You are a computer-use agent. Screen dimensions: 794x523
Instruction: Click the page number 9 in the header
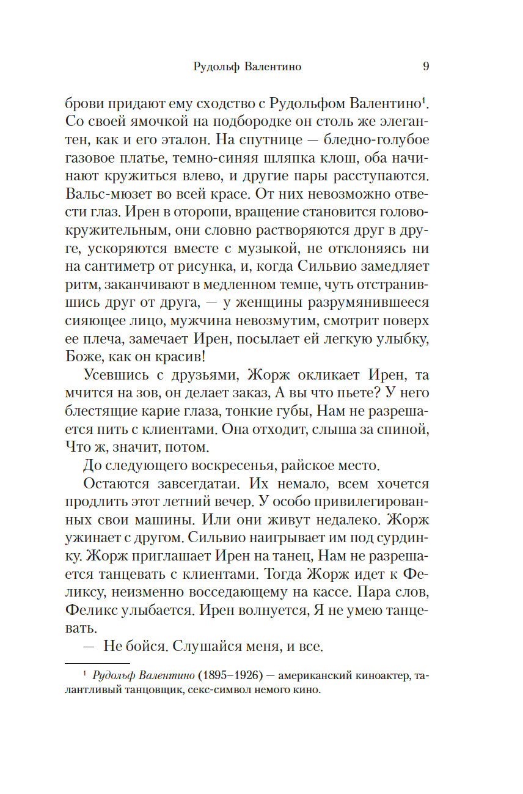[x=426, y=67]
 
